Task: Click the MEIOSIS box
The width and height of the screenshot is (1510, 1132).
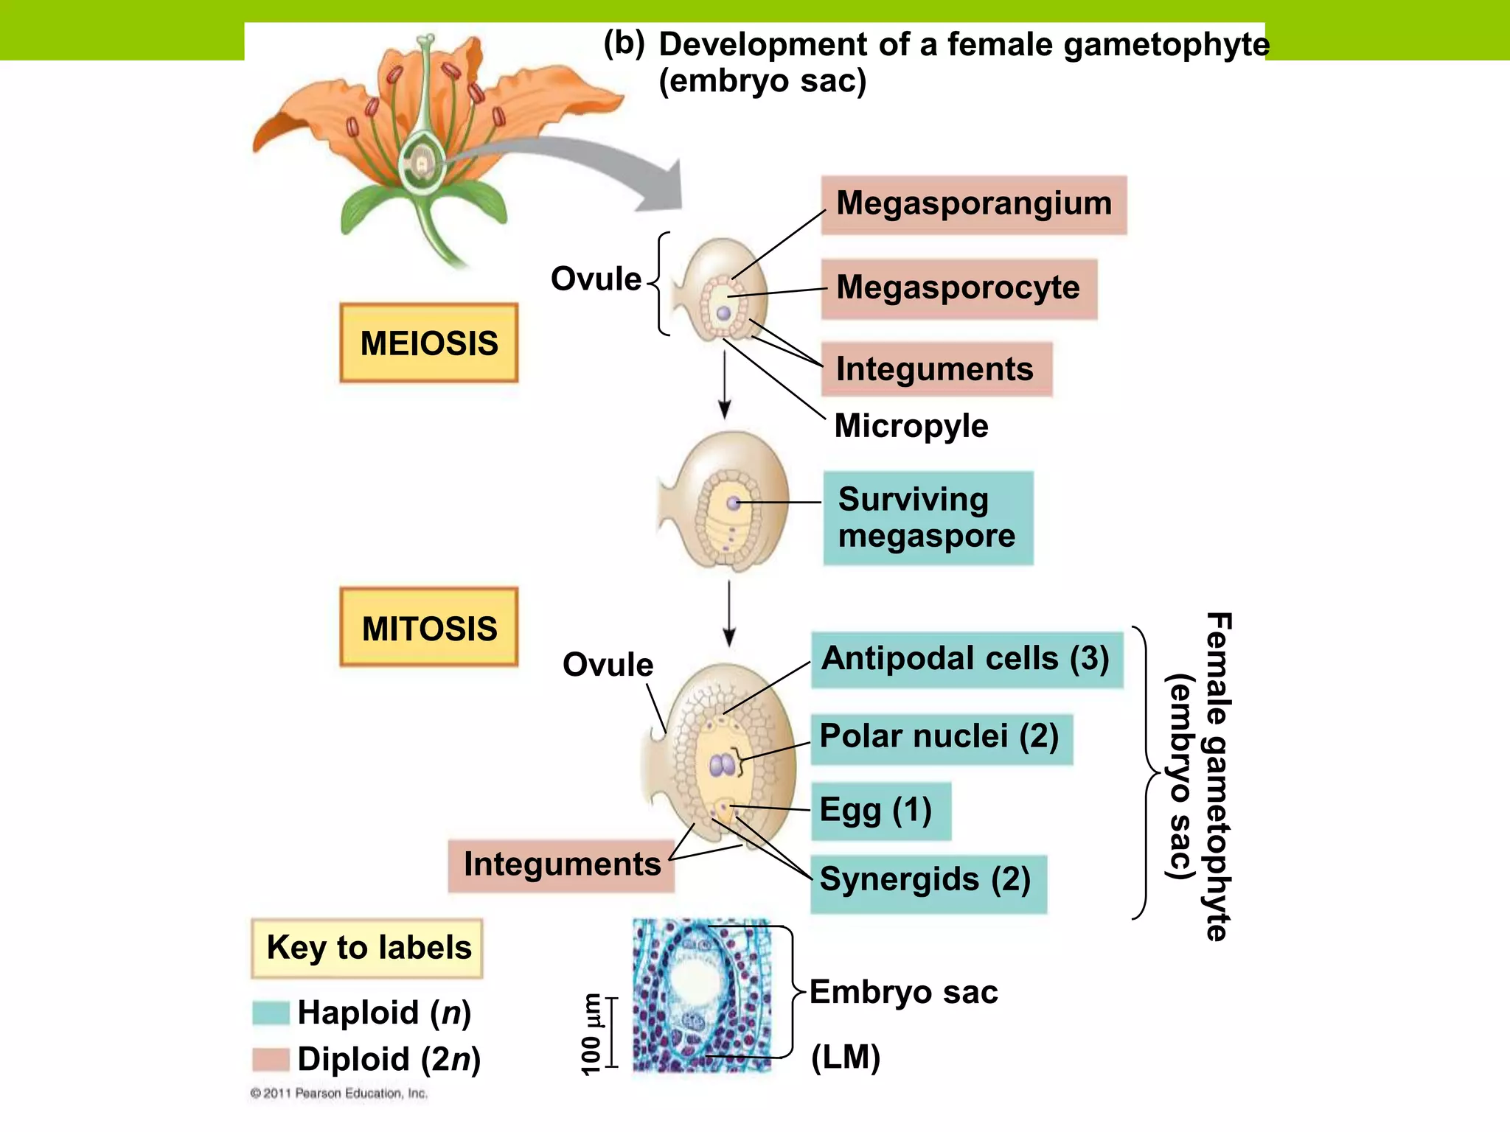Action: pyautogui.click(x=428, y=343)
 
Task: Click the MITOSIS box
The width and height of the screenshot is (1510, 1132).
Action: pyautogui.click(x=428, y=627)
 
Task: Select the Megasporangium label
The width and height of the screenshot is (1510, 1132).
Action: pyautogui.click(x=973, y=204)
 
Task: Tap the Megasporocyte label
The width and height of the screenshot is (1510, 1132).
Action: pyautogui.click(x=958, y=287)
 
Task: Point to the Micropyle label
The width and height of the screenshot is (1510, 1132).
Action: pyautogui.click(x=911, y=426)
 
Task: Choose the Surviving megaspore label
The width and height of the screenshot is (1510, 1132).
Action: pyautogui.click(x=928, y=517)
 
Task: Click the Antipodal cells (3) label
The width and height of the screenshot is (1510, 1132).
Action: pyautogui.click(x=965, y=659)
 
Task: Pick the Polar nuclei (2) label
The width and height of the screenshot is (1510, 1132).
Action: pyautogui.click(x=939, y=737)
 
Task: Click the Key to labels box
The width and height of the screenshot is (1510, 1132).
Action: pyautogui.click(x=367, y=948)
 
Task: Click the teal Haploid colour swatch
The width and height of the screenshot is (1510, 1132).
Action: pyautogui.click(x=271, y=1013)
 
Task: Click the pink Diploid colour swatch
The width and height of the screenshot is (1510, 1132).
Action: pyautogui.click(x=271, y=1059)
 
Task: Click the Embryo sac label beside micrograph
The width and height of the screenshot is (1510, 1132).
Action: pyautogui.click(x=903, y=993)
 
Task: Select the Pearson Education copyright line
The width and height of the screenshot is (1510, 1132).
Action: pyautogui.click(x=338, y=1093)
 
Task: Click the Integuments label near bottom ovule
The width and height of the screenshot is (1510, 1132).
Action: pyautogui.click(x=561, y=864)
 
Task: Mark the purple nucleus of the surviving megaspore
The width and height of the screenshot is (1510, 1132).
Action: pyautogui.click(x=734, y=503)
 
